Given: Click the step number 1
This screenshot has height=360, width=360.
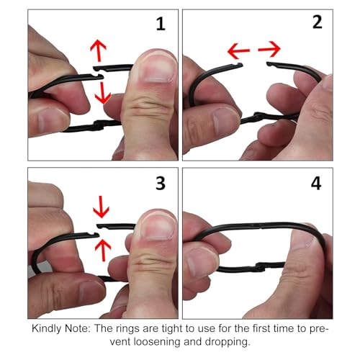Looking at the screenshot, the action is coord(161,24).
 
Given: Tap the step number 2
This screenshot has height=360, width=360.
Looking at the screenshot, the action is coord(318,22).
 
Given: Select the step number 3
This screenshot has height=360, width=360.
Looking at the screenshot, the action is coord(161,184).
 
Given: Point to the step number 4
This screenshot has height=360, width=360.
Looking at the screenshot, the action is coord(316,184).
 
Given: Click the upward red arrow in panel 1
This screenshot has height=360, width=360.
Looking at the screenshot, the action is coord(99,50).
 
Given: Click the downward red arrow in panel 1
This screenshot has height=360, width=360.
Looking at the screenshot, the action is coord(103,93).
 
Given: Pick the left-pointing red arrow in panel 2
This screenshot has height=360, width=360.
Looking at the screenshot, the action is coord(239,51).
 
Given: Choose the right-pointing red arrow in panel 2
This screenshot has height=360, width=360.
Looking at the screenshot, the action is coord(269,49).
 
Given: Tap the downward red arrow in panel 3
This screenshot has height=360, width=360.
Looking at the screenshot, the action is coord(101,207).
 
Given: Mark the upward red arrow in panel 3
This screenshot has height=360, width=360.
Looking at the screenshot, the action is coord(103,250).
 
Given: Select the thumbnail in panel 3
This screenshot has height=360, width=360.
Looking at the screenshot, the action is coord(157,226).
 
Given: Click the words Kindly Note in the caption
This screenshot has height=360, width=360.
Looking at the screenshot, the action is coord(61,328).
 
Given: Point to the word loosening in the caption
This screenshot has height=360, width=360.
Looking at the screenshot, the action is coord(156,341).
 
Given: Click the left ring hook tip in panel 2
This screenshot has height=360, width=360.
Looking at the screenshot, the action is coord(240,64).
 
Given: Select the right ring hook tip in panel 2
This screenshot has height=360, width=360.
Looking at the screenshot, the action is coord(269,64).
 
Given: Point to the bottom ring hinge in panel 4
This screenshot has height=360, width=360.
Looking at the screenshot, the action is coord(260,267).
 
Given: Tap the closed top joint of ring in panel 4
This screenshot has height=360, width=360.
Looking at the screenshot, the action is coord(260,225).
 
